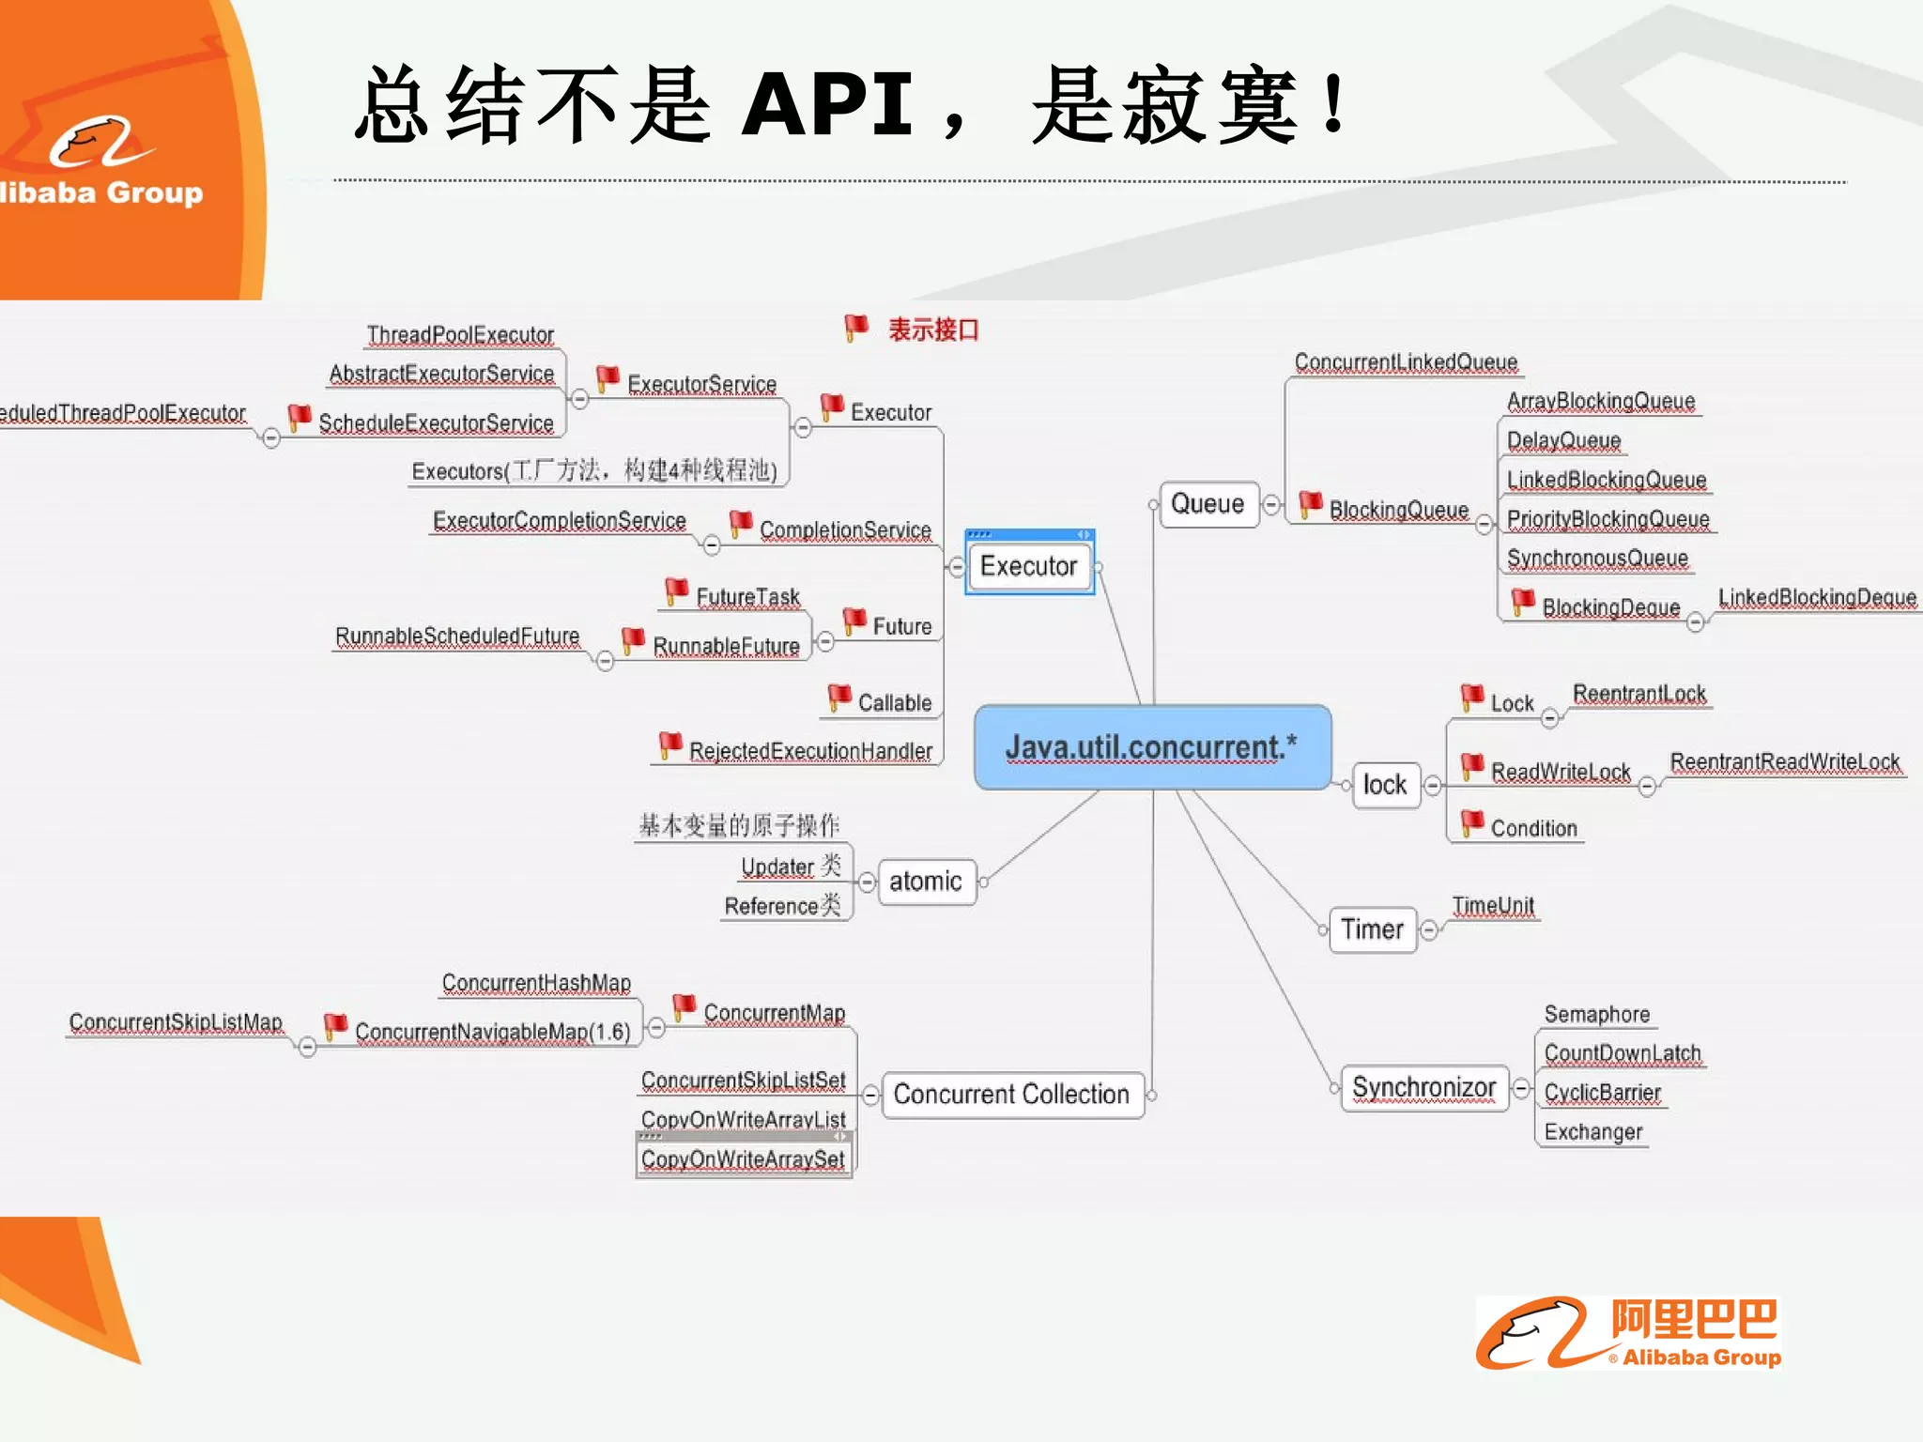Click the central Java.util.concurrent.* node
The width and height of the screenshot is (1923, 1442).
1152,747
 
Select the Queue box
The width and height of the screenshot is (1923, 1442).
1208,504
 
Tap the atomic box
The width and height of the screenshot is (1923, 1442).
926,882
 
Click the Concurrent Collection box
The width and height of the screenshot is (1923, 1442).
1010,1095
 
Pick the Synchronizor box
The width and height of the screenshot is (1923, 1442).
1423,1088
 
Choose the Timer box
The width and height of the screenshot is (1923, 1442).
1372,929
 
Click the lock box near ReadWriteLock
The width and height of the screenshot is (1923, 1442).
1385,785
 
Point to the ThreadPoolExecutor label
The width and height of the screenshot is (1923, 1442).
460,335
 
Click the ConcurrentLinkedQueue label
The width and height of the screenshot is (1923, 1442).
1406,362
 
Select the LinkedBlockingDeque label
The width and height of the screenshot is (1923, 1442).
1817,598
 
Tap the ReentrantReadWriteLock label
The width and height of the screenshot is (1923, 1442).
1784,761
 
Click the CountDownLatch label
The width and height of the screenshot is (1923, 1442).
1623,1053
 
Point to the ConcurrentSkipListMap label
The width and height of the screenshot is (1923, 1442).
176,1022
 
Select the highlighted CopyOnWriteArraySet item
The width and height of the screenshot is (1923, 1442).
743,1159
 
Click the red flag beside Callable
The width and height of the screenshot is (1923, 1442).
838,698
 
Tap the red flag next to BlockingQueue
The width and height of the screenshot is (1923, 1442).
1311,504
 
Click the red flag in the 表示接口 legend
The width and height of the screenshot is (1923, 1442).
855,328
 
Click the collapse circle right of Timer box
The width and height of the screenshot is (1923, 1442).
1429,930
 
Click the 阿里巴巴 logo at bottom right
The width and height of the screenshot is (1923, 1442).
1629,1333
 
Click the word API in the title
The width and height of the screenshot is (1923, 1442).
826,105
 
